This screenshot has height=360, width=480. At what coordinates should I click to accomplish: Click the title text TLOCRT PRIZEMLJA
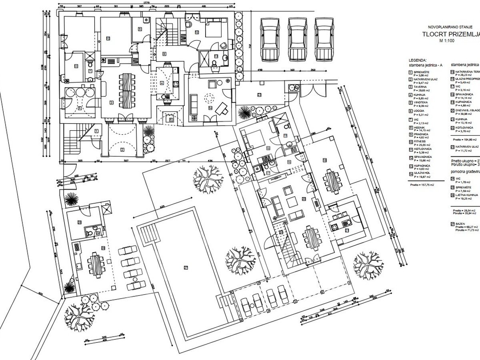pos(450,34)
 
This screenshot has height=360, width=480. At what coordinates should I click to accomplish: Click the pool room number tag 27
pos(185,268)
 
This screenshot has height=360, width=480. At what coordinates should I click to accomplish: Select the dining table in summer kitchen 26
pos(95,264)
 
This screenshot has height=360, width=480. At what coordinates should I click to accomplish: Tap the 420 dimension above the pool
pos(162,207)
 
